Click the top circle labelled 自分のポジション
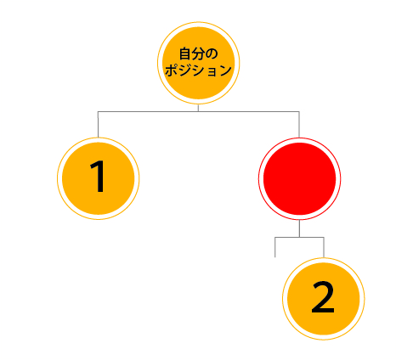pos(198,63)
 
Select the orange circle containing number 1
pos(98,178)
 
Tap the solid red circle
pos(299,178)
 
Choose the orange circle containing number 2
pos(324,299)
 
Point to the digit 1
pos(98,176)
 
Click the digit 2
pos(323,297)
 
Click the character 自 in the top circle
pos(184,53)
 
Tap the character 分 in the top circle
pos(197,53)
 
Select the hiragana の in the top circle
pos(211,53)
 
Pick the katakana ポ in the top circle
pos(172,70)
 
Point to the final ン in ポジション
pos(225,70)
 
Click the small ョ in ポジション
pos(212,71)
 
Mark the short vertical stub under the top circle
pos(198,108)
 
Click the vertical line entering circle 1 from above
pos(98,125)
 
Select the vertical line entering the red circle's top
pos(299,125)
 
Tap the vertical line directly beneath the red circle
pos(299,228)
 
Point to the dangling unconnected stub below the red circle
pos(275,247)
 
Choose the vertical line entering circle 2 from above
pos(324,247)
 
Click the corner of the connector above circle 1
pos(98,112)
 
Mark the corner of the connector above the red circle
pos(299,112)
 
